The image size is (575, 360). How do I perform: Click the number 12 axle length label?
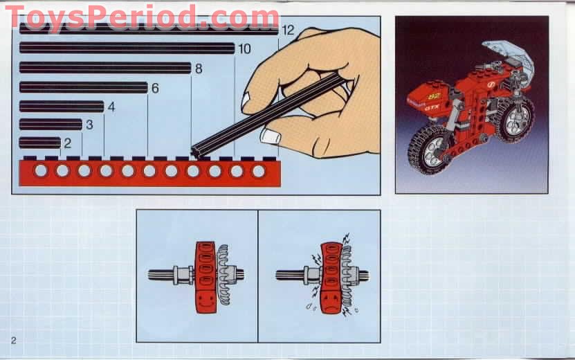(288, 30)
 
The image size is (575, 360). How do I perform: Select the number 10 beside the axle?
(244, 48)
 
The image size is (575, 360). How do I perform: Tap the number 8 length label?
(199, 68)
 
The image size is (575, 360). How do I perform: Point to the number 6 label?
(155, 88)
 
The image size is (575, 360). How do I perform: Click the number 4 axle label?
(111, 107)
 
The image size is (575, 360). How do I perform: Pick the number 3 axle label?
(89, 125)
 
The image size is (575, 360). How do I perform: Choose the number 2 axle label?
(67, 143)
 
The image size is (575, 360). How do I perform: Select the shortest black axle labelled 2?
(40, 143)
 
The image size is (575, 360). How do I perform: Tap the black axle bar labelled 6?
(83, 87)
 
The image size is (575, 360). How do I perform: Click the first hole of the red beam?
(41, 170)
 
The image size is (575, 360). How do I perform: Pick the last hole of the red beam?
(258, 170)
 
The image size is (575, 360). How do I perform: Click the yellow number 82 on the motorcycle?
(434, 95)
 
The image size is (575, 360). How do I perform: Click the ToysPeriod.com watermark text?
(142, 15)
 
